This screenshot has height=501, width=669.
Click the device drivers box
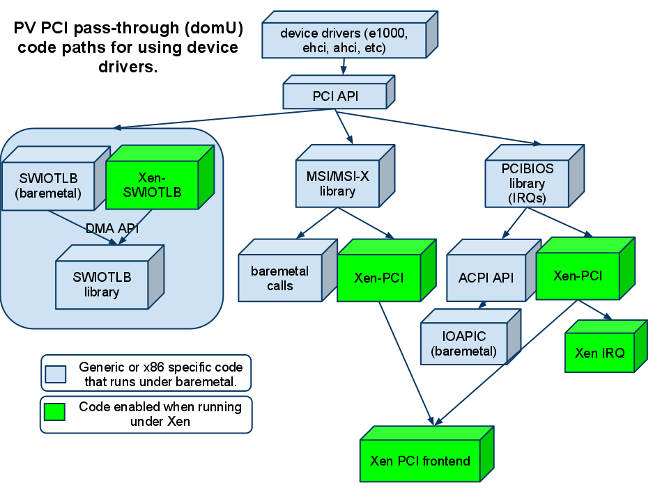(344, 40)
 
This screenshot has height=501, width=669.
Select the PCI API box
(335, 96)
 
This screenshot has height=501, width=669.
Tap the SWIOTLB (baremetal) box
(49, 186)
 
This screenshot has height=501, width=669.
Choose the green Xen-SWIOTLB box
(152, 185)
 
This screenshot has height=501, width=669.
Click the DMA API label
(112, 228)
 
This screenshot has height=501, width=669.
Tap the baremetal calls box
(279, 278)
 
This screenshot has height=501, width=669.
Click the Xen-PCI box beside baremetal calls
(378, 278)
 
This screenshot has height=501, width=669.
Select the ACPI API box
(486, 278)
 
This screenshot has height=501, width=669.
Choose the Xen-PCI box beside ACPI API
(578, 276)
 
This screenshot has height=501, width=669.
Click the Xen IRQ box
(600, 352)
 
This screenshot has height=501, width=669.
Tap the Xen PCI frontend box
(420, 461)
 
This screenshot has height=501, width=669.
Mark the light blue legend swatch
(56, 374)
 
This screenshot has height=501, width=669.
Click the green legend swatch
(54, 412)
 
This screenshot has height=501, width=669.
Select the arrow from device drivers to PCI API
(343, 67)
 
